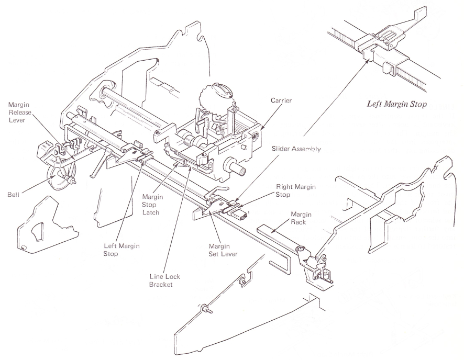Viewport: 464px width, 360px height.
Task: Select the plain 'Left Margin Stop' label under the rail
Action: (x=118, y=250)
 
